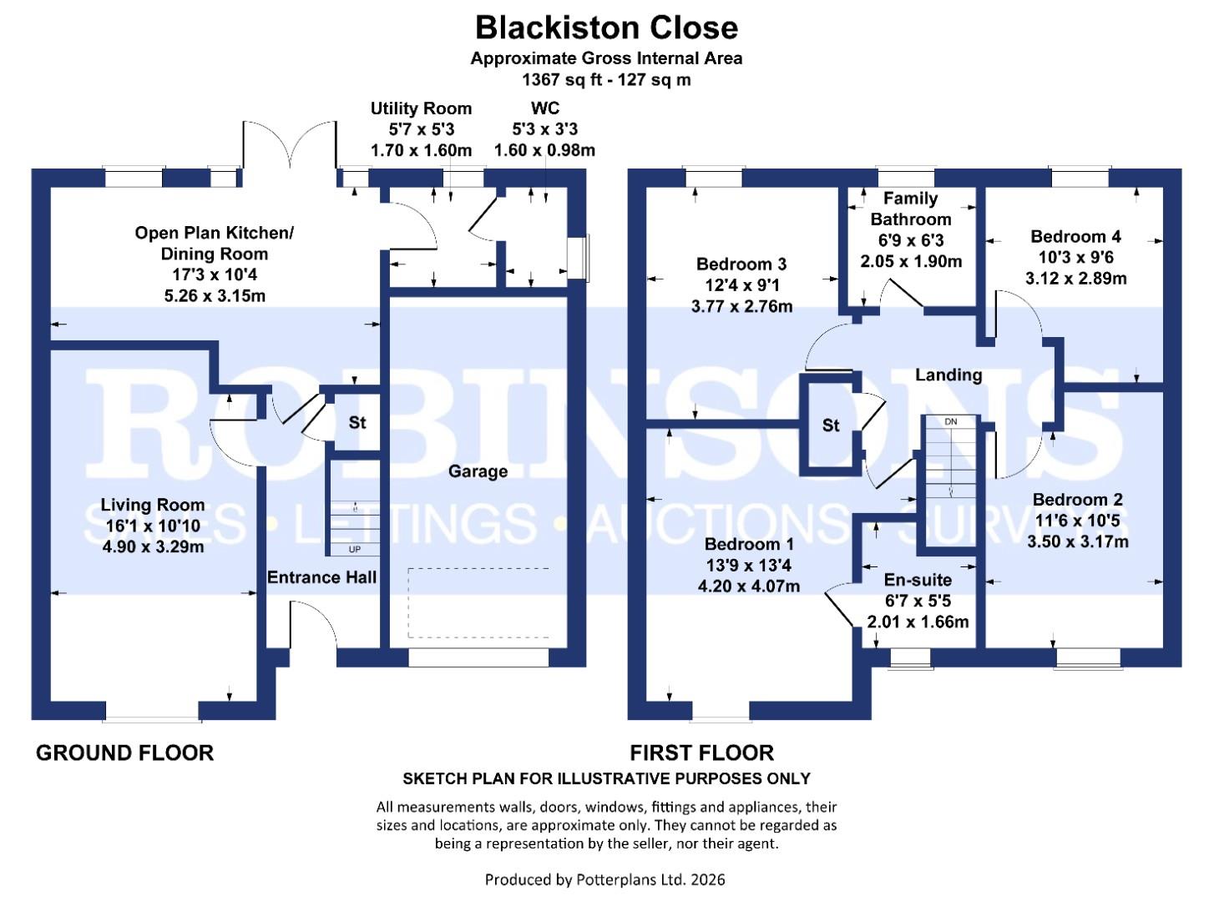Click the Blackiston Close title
coord(606,28)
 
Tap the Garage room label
coord(478,471)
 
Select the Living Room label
coord(152,505)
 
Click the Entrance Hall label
coord(321,577)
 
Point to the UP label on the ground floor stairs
coord(355,550)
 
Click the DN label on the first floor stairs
coord(950,421)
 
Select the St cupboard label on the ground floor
coord(357,423)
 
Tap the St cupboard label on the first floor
coord(830,425)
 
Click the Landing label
coord(948,375)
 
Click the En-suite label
coord(918,580)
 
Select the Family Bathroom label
coord(910,209)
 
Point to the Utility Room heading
coord(421,108)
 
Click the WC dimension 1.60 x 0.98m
coord(544,151)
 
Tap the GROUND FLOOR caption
coord(124,753)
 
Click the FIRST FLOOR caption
coord(701,753)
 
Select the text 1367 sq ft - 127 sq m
coord(606,80)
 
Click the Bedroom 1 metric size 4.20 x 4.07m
coord(748,586)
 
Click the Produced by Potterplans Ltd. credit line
coord(605,879)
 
